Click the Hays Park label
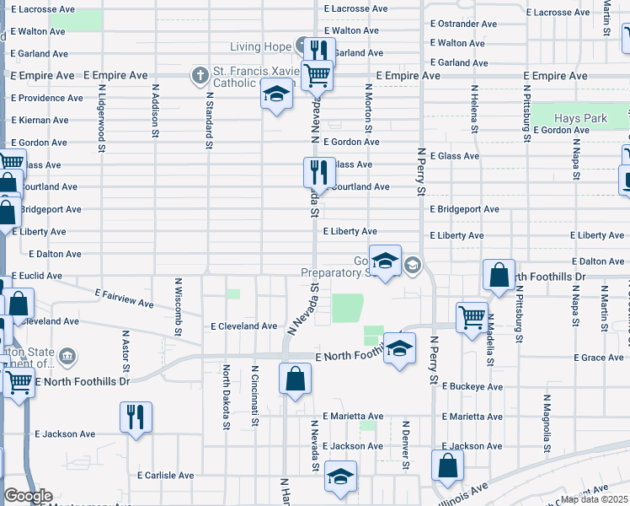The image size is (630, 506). [x=581, y=119]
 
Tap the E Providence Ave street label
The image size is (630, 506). [x=46, y=98]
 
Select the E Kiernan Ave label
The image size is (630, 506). [x=40, y=121]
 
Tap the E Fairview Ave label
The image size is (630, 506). [x=124, y=297]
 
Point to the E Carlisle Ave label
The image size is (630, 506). [x=166, y=476]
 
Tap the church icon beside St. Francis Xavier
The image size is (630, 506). [x=200, y=76]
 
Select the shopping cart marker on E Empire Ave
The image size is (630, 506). [x=318, y=76]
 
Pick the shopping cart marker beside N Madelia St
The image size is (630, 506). [x=472, y=317]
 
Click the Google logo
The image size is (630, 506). [x=28, y=496]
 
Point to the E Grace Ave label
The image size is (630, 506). [x=598, y=358]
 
